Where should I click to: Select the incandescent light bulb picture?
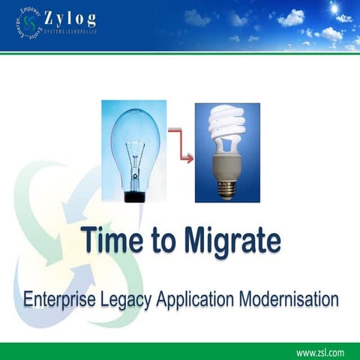[135, 150]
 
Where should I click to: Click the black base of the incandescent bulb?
[135, 196]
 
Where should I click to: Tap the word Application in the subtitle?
[198, 299]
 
